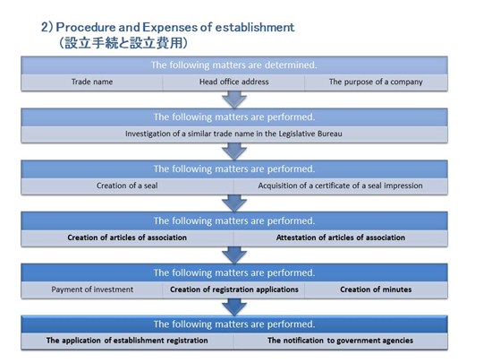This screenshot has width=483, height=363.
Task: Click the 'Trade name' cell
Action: [92, 82]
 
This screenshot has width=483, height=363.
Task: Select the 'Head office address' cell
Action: [233, 82]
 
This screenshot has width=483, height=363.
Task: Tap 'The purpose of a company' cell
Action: [376, 82]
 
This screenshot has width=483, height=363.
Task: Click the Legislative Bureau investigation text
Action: [233, 134]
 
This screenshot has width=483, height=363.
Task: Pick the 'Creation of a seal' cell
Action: [127, 186]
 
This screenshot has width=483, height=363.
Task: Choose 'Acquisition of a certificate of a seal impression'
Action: [341, 186]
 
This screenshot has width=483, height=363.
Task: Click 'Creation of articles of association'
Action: [127, 238]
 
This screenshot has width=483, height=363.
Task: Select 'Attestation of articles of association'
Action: [341, 238]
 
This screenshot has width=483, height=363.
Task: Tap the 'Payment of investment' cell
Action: [92, 290]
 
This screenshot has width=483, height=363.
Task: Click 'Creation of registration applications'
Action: [234, 290]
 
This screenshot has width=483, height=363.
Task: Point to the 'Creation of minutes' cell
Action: [376, 290]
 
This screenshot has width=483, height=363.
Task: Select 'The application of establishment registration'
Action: [127, 341]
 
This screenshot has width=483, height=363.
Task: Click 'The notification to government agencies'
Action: [341, 341]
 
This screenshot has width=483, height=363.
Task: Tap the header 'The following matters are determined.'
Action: [233, 65]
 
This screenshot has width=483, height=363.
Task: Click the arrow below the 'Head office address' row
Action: [234, 99]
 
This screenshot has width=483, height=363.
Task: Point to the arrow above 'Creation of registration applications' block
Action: [234, 255]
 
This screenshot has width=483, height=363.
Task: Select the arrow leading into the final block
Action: [234, 307]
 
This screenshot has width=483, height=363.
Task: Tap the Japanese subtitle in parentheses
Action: [123, 43]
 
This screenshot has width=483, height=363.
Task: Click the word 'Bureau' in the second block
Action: [330, 134]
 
